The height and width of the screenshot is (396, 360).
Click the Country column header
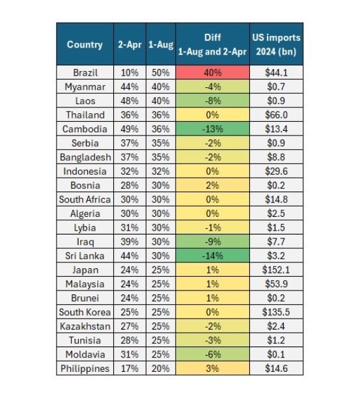click(x=85, y=44)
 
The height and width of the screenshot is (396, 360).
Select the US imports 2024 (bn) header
click(x=276, y=44)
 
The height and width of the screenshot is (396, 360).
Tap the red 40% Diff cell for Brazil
click(x=213, y=72)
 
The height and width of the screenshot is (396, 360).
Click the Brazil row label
click(x=85, y=73)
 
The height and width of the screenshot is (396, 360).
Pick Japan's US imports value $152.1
click(x=276, y=270)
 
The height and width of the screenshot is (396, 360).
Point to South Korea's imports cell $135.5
click(x=276, y=312)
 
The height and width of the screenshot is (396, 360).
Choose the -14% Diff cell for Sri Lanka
click(x=213, y=255)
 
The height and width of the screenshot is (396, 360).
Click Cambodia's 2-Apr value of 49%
click(x=130, y=129)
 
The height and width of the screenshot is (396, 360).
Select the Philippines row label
click(x=85, y=369)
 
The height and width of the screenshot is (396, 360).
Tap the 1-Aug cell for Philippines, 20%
click(x=161, y=369)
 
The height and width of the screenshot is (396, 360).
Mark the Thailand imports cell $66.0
click(x=276, y=115)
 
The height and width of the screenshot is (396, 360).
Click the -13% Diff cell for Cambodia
click(x=213, y=129)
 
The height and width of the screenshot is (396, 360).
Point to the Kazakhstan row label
click(x=85, y=326)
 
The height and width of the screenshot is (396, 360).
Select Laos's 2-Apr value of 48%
click(x=130, y=101)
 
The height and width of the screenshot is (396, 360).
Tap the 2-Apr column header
click(x=130, y=45)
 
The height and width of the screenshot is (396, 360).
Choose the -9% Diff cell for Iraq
click(x=213, y=242)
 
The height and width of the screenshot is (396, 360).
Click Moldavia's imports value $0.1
click(x=276, y=354)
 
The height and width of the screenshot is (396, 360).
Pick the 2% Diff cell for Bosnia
click(x=213, y=186)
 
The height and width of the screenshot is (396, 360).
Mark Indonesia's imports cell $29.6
click(x=276, y=171)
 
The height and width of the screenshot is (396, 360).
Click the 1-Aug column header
click(x=161, y=45)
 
